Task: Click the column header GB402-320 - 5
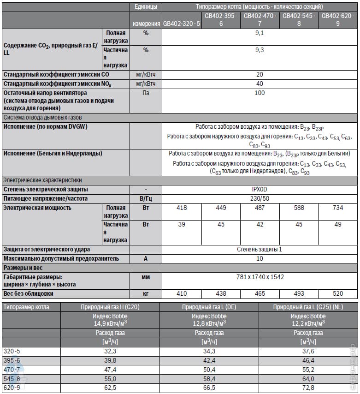tap(182, 24)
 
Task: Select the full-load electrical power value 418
tap(182, 208)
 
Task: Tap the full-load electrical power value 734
tap(338, 208)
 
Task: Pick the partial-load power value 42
tap(260, 225)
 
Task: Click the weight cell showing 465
tap(260, 293)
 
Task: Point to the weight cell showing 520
tap(338, 293)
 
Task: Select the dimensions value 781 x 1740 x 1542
tap(260, 277)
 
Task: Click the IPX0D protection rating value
tap(260, 190)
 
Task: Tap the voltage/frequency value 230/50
tap(260, 199)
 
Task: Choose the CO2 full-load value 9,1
tap(260, 33)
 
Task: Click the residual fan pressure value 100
tap(260, 93)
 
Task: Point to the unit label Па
tap(146, 93)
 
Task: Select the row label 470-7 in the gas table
tap(12, 370)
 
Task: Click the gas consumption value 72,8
tap(308, 388)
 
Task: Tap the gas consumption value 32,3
tap(111, 352)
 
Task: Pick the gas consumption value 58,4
tap(209, 379)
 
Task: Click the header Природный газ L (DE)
tap(209, 307)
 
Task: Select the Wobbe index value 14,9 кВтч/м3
tap(111, 322)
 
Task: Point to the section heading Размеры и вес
tap(23, 268)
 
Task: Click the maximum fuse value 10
tap(260, 258)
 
